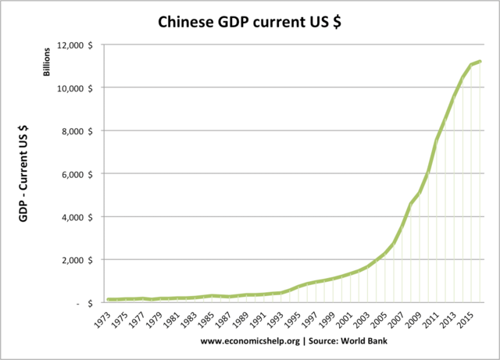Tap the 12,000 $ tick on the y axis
coord(78,45)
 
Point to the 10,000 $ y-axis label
coord(78,87)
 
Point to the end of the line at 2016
coord(480,62)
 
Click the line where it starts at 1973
coord(110,299)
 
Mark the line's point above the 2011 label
coord(437,139)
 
